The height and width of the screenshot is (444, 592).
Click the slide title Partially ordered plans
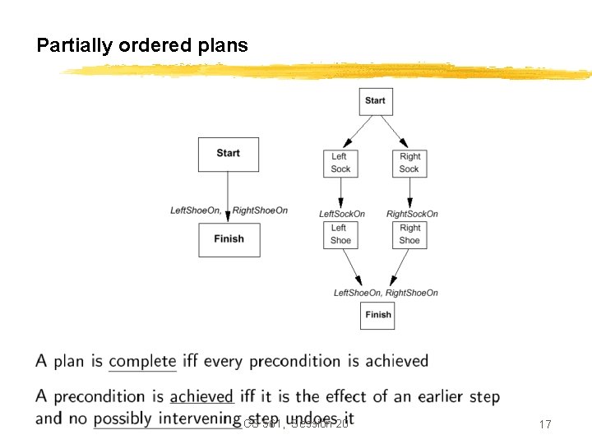point(141,45)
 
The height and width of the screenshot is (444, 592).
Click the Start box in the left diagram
point(229,154)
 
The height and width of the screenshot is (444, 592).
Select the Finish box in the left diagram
point(229,239)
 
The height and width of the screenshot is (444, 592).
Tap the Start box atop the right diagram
point(375,101)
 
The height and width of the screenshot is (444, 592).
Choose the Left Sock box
point(340,163)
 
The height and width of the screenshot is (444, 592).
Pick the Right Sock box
point(409,163)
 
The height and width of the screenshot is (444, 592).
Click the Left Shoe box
point(340,234)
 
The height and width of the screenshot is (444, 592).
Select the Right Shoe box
point(409,234)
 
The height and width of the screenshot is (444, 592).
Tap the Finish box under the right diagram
point(377,315)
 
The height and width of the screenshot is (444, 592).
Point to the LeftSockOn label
point(342,215)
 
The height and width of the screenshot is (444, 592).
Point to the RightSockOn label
point(412,215)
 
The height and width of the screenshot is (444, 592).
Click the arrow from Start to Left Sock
point(356,131)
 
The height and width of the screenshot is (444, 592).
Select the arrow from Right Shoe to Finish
point(399,266)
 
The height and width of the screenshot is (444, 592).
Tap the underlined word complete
point(142,361)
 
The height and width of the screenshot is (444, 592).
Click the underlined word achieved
point(201,397)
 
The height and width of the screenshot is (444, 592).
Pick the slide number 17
point(544,424)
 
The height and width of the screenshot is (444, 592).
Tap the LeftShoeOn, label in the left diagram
point(196,210)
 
